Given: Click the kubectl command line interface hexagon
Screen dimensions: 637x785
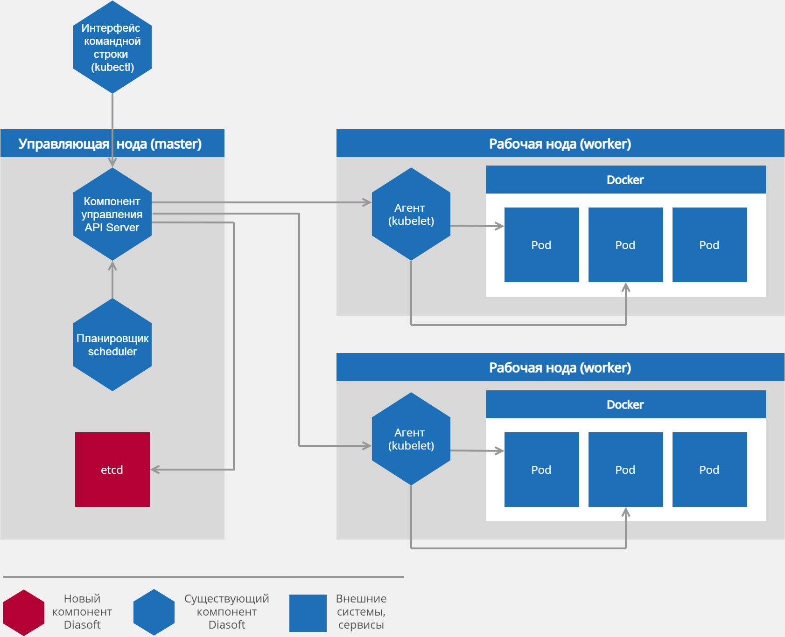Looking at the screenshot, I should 112,47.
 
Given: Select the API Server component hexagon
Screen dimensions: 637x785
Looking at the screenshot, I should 112,214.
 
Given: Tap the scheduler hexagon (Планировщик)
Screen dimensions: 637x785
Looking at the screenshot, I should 112,345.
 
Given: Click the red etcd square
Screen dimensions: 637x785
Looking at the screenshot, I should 112,469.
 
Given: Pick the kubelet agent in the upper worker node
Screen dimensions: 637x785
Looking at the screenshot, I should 411,214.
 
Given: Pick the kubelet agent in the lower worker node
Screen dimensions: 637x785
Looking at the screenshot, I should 411,439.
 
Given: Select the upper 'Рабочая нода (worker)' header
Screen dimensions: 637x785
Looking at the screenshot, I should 560,144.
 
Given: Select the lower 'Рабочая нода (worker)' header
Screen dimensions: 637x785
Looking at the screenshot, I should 560,367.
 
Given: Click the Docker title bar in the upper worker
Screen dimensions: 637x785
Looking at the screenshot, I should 625,180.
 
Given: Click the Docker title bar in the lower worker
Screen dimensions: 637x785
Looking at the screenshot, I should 625,404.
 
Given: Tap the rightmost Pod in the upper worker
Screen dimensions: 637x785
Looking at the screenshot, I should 709,245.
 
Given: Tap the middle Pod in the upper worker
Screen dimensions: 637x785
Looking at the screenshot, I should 625,245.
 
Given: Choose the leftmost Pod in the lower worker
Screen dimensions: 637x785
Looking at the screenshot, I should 541,469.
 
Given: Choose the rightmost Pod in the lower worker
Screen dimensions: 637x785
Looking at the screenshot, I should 709,469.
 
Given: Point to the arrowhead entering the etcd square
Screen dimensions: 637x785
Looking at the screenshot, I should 154,470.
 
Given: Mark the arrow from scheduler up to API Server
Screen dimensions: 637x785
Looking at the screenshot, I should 112,280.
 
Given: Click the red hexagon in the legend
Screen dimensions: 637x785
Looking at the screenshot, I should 24,612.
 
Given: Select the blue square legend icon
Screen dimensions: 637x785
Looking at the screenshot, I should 308,613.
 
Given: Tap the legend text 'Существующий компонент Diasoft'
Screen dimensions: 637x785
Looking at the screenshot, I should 226,611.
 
